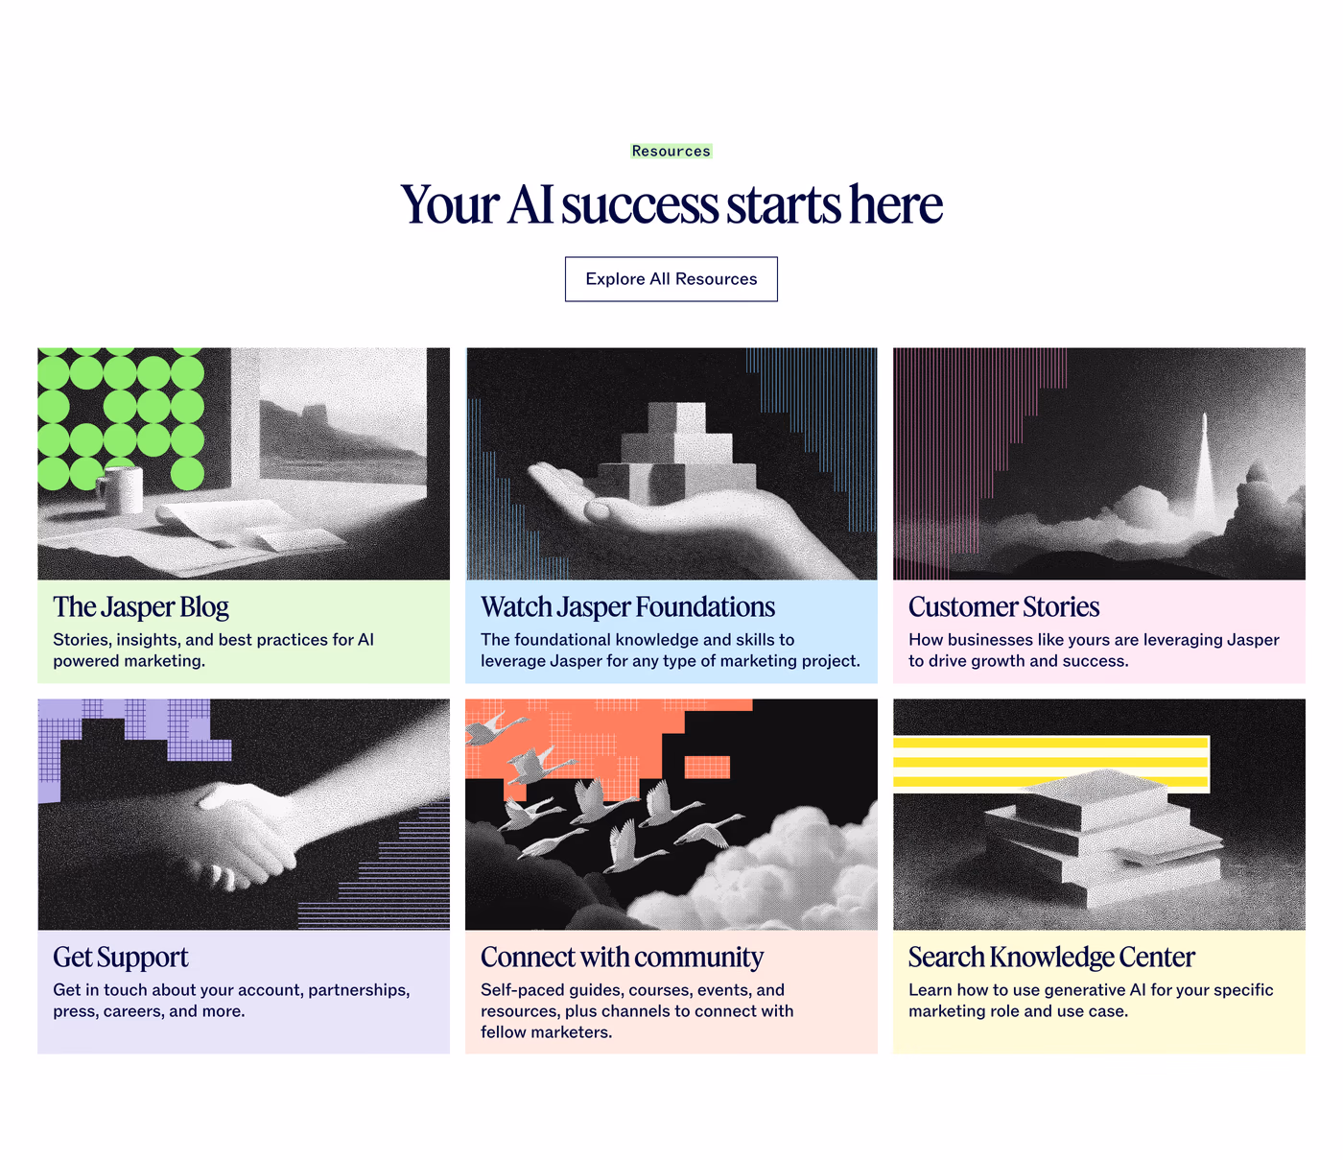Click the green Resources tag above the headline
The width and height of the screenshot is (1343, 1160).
[671, 151]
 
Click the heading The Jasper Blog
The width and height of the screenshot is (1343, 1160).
[141, 607]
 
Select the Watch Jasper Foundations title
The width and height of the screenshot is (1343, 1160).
[627, 607]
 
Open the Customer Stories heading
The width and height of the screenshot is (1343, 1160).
[1003, 607]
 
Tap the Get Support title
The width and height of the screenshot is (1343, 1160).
[121, 958]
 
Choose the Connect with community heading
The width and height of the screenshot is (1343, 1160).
[623, 958]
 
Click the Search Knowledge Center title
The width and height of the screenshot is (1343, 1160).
[1052, 958]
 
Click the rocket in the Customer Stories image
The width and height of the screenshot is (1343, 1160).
[1204, 469]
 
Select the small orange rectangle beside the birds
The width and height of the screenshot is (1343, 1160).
[707, 767]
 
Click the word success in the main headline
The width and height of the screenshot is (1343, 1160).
[640, 204]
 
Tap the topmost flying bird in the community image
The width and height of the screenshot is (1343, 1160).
[495, 729]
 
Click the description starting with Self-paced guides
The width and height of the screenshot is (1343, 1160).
[637, 1010]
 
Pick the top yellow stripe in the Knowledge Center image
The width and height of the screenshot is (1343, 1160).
[1050, 742]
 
